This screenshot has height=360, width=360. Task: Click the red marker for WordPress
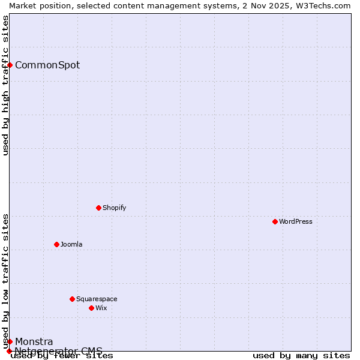coord(275,221)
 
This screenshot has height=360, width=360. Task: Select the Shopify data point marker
coord(99,208)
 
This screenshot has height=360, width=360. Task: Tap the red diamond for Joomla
coord(57,244)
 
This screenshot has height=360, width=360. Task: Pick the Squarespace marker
coord(73,299)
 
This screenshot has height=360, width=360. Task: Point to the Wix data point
coord(92,308)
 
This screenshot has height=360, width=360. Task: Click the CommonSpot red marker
coord(10,65)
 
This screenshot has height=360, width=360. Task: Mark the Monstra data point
coord(10,341)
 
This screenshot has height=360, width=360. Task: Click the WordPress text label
coord(296,221)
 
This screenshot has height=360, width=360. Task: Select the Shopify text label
coord(114,208)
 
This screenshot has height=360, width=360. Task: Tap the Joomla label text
coord(71,244)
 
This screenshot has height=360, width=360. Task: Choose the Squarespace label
coord(97,299)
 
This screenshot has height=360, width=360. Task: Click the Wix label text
coord(101,308)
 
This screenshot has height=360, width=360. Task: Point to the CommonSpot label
coord(47,65)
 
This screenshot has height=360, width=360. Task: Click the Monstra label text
coord(34,341)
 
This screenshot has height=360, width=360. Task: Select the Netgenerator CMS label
coord(59,351)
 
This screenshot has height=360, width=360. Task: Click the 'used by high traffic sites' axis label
coord(6,85)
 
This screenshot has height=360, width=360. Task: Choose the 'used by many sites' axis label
coord(301,356)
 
